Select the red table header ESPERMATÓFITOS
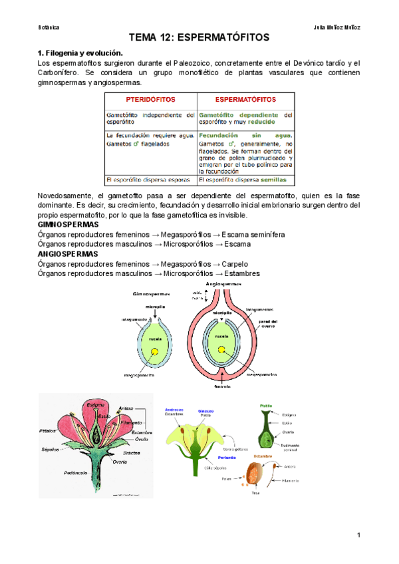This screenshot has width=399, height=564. [245, 99]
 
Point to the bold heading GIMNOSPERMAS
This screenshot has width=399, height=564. [68, 225]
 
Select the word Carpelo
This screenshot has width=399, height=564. [235, 264]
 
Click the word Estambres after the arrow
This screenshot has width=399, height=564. [242, 274]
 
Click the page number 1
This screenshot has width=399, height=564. [358, 535]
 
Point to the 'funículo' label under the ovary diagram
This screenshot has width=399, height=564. [222, 386]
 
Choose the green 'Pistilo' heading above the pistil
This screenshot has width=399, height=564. [265, 404]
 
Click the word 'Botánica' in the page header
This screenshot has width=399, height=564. [49, 27]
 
